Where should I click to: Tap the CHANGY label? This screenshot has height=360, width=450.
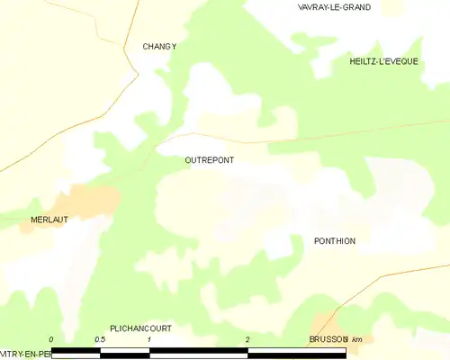click(159, 46)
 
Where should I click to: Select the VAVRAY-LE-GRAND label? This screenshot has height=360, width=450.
click(335, 7)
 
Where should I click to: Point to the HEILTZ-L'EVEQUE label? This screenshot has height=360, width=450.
click(383, 60)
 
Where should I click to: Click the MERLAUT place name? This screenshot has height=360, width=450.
click(49, 220)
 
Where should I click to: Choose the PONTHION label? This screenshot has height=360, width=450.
click(335, 241)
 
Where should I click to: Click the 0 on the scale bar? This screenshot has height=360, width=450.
click(52, 339)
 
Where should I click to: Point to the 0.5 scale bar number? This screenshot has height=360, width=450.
click(100, 339)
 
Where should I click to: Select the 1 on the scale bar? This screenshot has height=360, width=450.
click(149, 339)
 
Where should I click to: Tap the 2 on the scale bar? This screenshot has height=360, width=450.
click(247, 339)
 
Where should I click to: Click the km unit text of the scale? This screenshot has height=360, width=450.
click(357, 339)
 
